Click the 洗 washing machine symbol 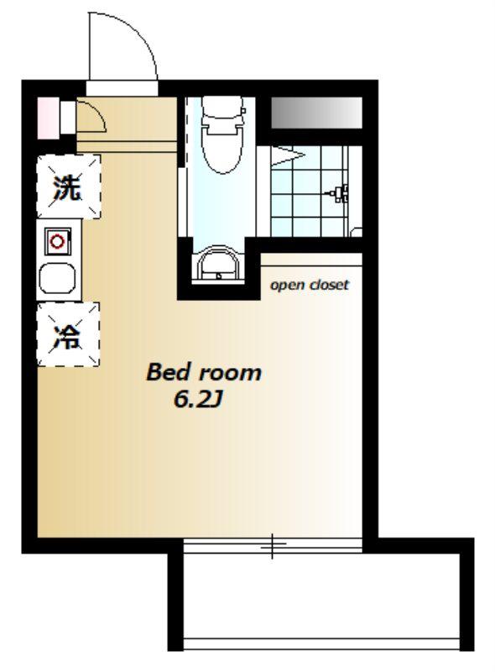click(69, 186)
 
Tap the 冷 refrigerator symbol click(69, 334)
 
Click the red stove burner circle click(57, 242)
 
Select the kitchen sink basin click(57, 278)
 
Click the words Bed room click(204, 372)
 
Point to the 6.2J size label click(198, 400)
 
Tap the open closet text click(310, 285)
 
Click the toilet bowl click(222, 148)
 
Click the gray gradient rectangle click(317, 113)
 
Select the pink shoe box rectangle click(49, 118)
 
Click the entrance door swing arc click(139, 34)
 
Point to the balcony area click(322, 596)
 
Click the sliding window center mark click(273, 547)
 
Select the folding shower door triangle click(288, 155)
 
